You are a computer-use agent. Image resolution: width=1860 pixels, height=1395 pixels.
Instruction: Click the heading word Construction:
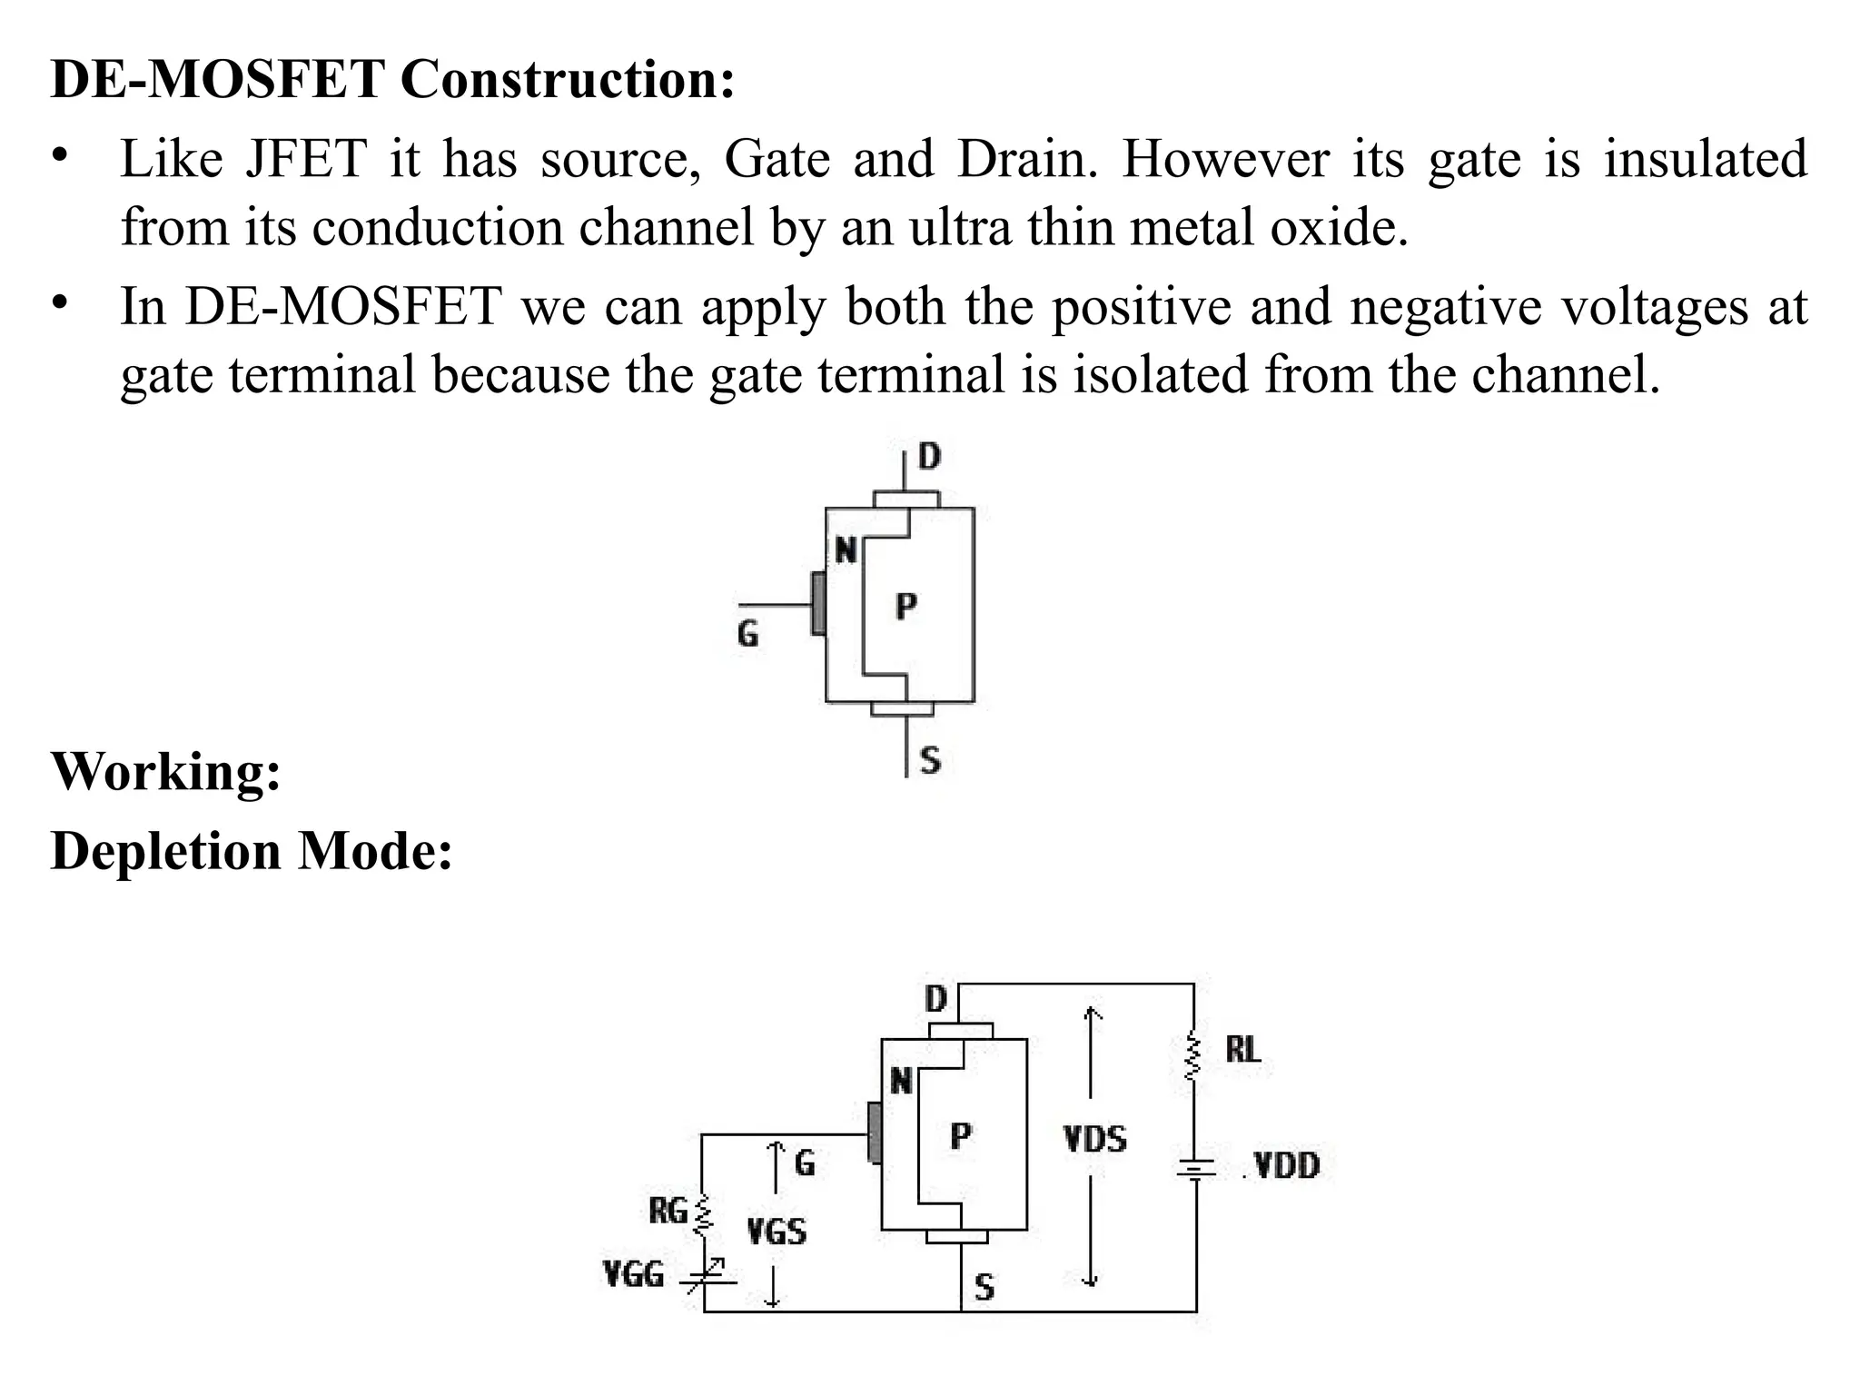[567, 79]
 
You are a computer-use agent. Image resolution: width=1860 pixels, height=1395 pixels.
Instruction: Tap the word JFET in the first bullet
[305, 159]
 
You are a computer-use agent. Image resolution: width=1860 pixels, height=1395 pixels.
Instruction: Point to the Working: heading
[165, 772]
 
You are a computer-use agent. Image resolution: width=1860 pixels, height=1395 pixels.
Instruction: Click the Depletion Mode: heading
[251, 852]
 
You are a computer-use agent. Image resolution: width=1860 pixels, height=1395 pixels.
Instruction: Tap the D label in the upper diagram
[929, 457]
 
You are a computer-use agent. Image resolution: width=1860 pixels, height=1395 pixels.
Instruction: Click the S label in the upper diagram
[930, 759]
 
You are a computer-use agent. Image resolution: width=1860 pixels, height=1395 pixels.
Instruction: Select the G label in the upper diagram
[747, 633]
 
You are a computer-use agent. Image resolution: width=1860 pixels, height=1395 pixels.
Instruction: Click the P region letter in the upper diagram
[905, 606]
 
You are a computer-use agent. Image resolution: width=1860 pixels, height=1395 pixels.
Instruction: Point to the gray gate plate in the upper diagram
[818, 603]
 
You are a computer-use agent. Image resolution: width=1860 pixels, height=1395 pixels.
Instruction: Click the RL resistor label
[1242, 1050]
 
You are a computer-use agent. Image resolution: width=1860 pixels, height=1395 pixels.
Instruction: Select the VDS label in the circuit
[1094, 1139]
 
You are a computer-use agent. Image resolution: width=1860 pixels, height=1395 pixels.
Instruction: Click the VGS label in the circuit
[776, 1232]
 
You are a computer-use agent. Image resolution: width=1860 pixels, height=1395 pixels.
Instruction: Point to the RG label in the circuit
[668, 1211]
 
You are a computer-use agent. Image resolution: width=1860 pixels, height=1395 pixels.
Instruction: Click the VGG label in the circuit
[633, 1275]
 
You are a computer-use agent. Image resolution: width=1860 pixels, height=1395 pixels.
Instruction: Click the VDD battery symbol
[1195, 1170]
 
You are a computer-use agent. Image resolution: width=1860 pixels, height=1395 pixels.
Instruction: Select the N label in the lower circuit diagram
[900, 1081]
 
